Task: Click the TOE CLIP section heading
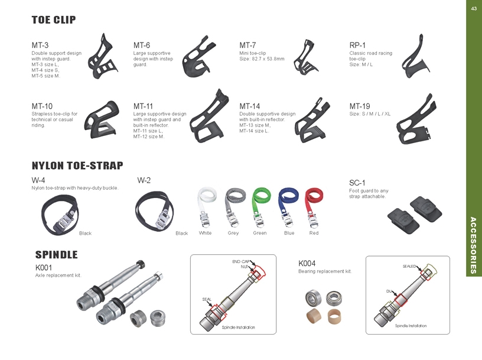(54, 20)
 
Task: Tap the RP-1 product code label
(357, 46)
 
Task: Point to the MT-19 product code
(359, 106)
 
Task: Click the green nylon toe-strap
(260, 207)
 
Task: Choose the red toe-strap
(313, 207)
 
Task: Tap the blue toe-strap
(288, 207)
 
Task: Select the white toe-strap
(206, 207)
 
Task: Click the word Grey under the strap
(233, 233)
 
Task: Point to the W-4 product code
(38, 180)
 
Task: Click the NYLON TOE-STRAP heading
(77, 166)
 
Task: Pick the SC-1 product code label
(357, 183)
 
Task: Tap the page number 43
(474, 8)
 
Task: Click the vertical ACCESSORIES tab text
(473, 245)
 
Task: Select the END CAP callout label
(240, 261)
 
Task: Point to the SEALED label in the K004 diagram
(409, 266)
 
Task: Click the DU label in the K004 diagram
(389, 291)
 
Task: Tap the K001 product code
(44, 267)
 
